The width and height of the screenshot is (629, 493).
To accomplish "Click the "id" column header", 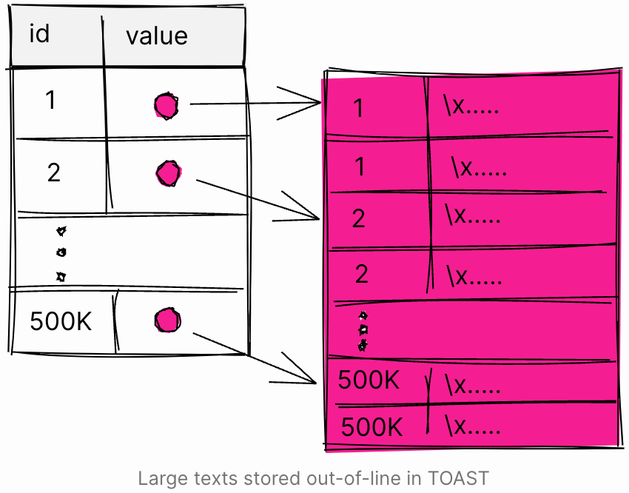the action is pyautogui.click(x=39, y=33).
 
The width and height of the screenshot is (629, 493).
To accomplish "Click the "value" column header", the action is pyautogui.click(x=157, y=36).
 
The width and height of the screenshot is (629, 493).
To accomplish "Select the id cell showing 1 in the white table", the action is pyautogui.click(x=50, y=100).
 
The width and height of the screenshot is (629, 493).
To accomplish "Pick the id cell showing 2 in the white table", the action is pyautogui.click(x=54, y=173).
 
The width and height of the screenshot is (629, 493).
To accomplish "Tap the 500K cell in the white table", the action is pyautogui.click(x=61, y=321).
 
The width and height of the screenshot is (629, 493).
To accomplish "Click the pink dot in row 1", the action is pyautogui.click(x=166, y=106).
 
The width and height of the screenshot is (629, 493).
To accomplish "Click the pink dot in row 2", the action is pyautogui.click(x=169, y=173).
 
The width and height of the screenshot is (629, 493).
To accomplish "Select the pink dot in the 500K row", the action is pyautogui.click(x=168, y=320).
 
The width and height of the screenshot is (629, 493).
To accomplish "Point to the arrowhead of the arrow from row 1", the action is pyautogui.click(x=320, y=102).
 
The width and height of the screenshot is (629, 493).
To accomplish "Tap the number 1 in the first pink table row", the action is pyautogui.click(x=359, y=108).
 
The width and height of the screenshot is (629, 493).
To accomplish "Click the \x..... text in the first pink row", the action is pyautogui.click(x=471, y=105).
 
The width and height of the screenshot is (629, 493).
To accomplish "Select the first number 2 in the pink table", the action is pyautogui.click(x=359, y=218).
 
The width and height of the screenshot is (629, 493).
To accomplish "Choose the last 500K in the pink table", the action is pyautogui.click(x=371, y=426).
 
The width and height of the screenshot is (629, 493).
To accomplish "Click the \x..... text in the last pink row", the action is pyautogui.click(x=473, y=425).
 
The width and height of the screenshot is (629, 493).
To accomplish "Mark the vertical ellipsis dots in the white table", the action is pyautogui.click(x=61, y=254).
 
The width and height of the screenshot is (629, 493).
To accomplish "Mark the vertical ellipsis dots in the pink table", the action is pyautogui.click(x=363, y=331).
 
